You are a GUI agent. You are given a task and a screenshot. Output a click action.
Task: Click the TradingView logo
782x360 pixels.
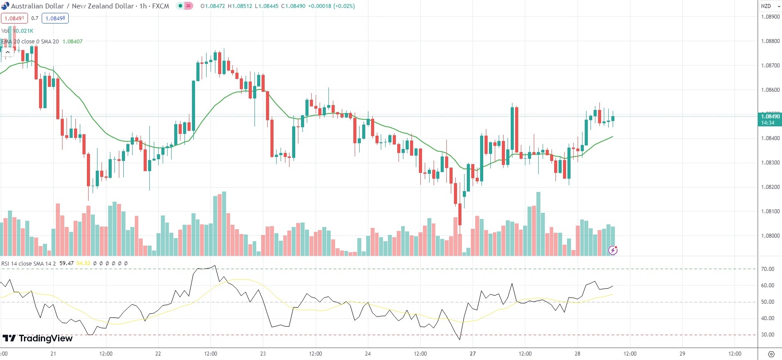point(38,339)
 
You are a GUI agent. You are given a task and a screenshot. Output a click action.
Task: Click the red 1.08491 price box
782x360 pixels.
point(14,18)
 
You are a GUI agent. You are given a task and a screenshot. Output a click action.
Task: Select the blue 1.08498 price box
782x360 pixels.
point(55,18)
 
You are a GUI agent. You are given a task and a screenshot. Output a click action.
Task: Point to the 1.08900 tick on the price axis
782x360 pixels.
point(770,17)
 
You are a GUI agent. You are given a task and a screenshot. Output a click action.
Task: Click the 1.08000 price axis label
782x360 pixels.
point(770,236)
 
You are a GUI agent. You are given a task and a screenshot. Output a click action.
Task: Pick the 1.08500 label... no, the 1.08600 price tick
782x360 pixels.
point(770,90)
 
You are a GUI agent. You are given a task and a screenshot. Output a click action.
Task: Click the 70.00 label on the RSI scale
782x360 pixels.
point(767,269)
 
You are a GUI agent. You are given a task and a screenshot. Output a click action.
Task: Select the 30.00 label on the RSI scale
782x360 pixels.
point(767,335)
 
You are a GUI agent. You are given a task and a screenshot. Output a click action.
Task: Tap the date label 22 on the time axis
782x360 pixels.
point(158,354)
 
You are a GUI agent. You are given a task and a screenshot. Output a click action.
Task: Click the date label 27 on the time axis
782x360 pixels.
point(473,354)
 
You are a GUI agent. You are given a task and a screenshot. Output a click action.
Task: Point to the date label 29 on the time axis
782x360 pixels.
point(682,354)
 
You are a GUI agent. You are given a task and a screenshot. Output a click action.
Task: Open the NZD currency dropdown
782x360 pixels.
point(770,6)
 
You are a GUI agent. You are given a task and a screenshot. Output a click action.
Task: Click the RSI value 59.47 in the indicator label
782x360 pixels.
point(66,263)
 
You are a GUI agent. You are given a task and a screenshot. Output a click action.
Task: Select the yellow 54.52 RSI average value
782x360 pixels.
point(83,263)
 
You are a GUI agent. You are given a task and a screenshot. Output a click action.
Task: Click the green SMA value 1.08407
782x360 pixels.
point(72,42)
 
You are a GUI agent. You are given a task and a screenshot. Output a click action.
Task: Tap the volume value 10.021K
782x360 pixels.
point(23,31)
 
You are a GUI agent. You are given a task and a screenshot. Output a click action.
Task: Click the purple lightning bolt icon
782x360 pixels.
point(613,250)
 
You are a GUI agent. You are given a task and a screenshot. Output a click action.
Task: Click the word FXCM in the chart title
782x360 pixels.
point(160,6)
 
